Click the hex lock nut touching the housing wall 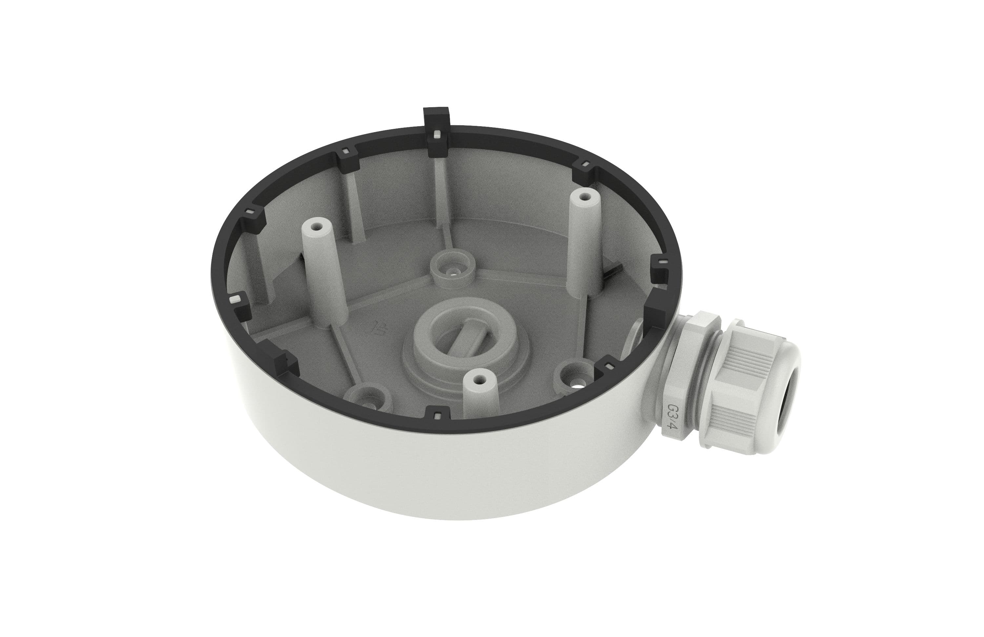point(678,380)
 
